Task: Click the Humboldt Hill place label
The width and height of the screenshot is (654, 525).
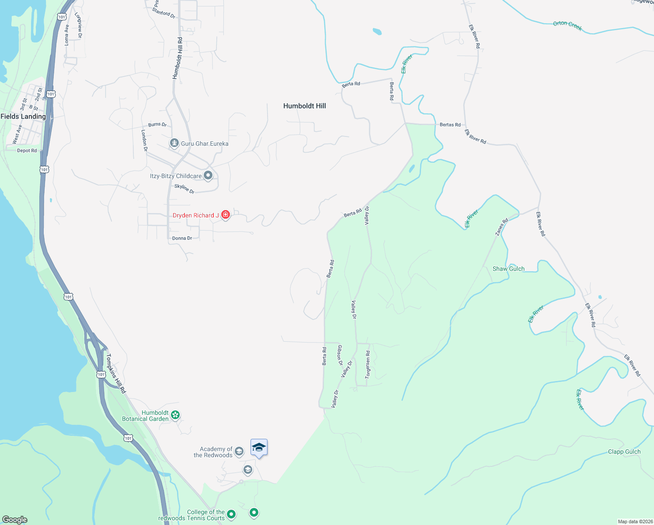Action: [304, 106]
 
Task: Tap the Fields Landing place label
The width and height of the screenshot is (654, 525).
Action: [23, 116]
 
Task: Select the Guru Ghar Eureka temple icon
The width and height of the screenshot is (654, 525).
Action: [174, 143]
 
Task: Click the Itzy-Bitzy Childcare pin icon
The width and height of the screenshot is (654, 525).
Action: [208, 176]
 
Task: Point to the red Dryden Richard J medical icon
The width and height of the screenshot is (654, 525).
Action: [226, 215]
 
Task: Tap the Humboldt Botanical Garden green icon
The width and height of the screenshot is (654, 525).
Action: [175, 415]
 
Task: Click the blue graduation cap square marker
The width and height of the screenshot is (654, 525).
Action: [259, 448]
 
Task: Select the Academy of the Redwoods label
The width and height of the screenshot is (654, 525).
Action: [213, 452]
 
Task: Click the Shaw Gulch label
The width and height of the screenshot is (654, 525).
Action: [508, 269]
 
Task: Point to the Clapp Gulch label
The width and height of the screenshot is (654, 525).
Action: [624, 451]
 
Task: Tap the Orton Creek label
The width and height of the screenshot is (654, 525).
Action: [567, 26]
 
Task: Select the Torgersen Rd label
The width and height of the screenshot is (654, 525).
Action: [368, 364]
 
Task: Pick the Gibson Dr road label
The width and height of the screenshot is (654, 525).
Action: [340, 355]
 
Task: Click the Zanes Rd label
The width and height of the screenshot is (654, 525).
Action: [501, 227]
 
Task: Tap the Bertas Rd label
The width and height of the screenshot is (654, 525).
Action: [450, 125]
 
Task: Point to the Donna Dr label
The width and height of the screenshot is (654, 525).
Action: [182, 238]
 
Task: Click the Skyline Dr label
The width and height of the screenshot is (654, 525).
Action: [184, 189]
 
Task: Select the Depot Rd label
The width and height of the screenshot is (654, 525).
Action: [27, 150]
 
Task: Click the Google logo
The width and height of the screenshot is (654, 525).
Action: [15, 519]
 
